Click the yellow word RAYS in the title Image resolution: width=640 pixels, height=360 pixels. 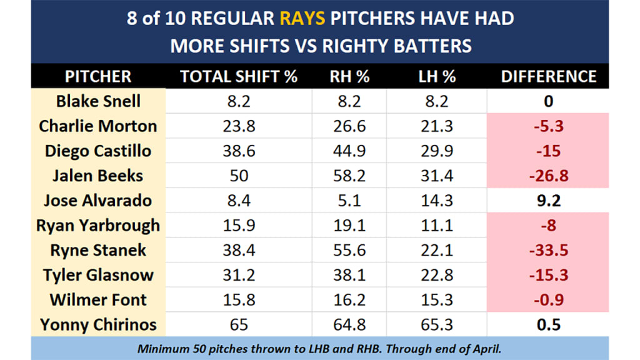point(302,17)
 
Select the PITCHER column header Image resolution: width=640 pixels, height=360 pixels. point(98,76)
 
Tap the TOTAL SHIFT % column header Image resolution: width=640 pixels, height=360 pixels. point(239,76)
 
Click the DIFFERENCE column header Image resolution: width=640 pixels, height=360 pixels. point(548,76)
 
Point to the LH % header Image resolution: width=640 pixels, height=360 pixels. point(437,76)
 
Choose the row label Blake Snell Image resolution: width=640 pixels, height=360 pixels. point(98,101)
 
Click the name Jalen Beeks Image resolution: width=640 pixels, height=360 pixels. point(98,176)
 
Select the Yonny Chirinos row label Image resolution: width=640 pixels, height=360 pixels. point(98,325)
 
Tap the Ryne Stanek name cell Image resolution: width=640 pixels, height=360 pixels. point(98,250)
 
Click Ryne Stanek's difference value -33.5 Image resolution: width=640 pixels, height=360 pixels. point(548,250)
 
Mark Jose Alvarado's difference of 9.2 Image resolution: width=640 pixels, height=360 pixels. point(548,201)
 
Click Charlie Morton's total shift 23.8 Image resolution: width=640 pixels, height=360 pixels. point(239,126)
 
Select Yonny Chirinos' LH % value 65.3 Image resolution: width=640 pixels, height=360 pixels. point(437,325)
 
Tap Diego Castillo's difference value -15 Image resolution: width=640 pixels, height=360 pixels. point(548,151)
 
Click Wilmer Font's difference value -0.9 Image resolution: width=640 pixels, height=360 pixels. point(548,300)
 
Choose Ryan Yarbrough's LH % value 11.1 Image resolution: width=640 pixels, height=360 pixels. point(437,226)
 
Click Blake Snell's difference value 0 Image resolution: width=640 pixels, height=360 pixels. point(548,101)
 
